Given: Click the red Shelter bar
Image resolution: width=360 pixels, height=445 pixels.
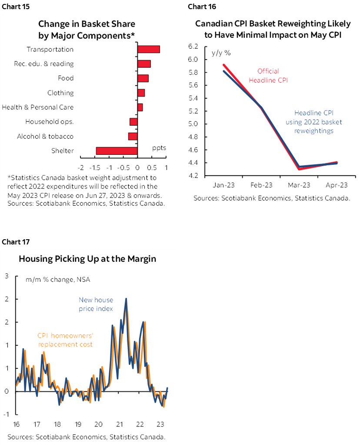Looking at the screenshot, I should (117, 151).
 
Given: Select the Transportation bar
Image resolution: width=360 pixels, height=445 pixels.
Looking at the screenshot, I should (149, 49).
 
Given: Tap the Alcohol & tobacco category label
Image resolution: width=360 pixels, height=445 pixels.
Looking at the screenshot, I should (45, 136).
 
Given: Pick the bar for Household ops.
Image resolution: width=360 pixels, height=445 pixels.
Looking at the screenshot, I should (133, 122).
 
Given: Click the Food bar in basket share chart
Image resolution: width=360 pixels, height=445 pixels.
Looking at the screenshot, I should (143, 78).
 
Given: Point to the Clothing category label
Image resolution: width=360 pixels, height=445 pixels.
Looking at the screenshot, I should (60, 93).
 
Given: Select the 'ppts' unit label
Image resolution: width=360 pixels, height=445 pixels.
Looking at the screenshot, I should (159, 147).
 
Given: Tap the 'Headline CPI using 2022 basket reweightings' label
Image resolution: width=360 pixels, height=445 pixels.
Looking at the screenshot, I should (309, 121).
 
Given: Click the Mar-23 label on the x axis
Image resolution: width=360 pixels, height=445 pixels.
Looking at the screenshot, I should (299, 185).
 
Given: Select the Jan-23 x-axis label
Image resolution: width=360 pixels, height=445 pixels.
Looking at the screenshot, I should (224, 185).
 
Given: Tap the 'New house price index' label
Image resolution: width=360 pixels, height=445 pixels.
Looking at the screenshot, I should (96, 304).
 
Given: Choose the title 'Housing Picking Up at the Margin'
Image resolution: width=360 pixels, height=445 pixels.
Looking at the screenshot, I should (87, 259).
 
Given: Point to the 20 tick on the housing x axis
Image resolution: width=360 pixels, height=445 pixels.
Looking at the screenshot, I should (98, 425).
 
